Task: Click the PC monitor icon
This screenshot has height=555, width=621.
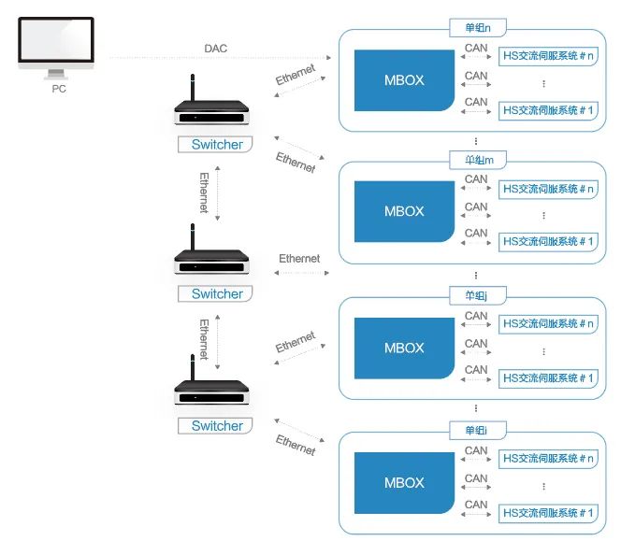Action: point(55,47)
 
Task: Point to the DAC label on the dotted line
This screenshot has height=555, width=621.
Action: point(215,48)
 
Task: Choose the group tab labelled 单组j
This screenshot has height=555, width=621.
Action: point(477,296)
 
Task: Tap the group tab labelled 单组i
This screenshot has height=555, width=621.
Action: point(477,431)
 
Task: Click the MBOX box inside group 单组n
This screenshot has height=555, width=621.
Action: point(404,80)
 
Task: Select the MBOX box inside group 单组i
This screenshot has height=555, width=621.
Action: point(404,483)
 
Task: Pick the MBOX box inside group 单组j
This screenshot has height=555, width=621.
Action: point(404,349)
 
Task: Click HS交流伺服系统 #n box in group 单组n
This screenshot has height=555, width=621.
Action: point(548,57)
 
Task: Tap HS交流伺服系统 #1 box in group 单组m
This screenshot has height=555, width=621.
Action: point(548,241)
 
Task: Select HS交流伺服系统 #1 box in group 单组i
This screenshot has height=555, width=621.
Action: point(548,513)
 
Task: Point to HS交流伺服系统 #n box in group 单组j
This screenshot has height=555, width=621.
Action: point(548,324)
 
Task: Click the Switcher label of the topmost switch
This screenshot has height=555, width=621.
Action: point(217,145)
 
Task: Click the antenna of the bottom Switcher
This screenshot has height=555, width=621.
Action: point(192,365)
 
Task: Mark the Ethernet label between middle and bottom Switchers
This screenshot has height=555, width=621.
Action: point(204,340)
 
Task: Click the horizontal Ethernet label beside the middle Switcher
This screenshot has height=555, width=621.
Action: point(299,259)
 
